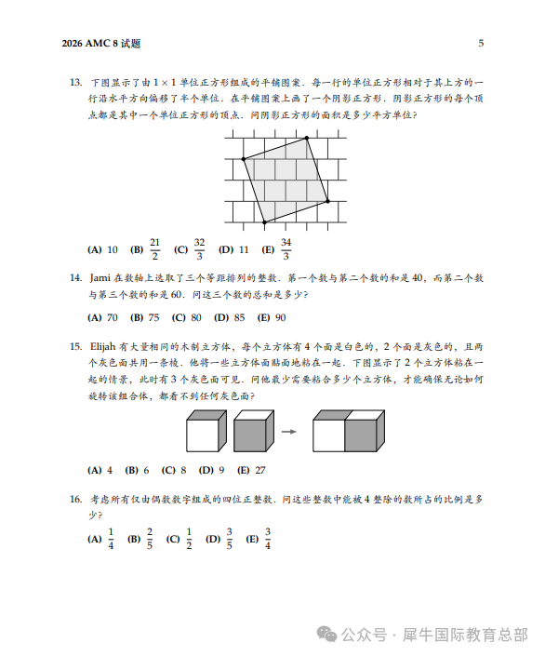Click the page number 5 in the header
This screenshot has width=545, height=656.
481,43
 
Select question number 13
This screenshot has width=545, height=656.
76,83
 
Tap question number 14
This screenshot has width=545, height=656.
76,276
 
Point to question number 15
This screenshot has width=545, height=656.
76,346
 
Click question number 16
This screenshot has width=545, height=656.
76,499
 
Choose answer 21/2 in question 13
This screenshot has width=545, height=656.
154,248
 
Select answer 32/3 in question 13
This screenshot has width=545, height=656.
198,248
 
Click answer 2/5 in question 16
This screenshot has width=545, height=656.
150,539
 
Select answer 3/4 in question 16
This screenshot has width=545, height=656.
267,539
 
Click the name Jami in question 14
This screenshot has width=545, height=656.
100,276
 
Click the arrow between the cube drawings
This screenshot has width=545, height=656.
289,431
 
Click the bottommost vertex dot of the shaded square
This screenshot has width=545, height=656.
264,222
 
